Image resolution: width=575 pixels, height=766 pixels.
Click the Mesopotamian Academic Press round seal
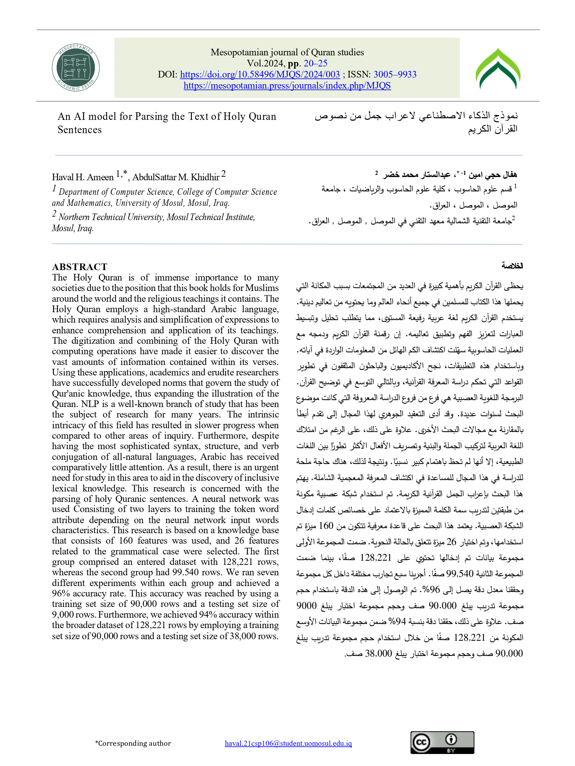[76, 68]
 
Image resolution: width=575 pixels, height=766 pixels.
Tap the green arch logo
[498, 69]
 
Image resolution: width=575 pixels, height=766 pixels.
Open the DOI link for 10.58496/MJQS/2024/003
[260, 74]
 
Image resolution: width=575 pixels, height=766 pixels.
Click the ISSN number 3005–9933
[395, 74]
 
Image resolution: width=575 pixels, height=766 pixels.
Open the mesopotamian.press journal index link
[287, 85]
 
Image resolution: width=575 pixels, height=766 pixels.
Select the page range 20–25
[315, 63]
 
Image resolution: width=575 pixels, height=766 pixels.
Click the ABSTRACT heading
[80, 267]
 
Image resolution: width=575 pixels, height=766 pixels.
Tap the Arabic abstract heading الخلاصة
[512, 266]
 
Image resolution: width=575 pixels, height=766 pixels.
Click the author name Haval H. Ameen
[83, 177]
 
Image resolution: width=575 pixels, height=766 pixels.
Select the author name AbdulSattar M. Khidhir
[176, 177]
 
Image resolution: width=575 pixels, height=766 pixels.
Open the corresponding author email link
[288, 744]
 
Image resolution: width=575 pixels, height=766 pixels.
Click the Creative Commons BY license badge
[442, 743]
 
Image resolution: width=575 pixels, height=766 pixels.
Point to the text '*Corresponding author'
[133, 744]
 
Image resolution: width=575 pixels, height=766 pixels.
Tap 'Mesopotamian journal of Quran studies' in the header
[287, 52]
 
